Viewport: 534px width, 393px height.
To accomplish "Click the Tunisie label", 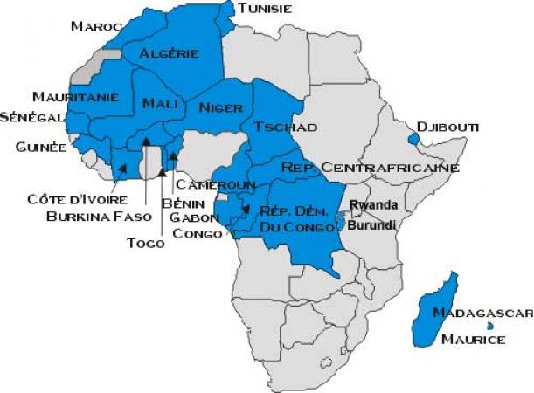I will (x=265, y=8).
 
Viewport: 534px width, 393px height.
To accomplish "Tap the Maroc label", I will (x=94, y=26).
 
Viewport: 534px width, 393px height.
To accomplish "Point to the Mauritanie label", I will (x=74, y=96).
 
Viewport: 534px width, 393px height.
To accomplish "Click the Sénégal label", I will (x=32, y=116).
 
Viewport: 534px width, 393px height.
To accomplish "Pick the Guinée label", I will (x=41, y=147).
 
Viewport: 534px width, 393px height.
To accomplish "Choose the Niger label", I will (x=219, y=107).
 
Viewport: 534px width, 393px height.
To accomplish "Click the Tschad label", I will (x=285, y=128).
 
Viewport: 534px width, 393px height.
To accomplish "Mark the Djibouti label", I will (x=448, y=128).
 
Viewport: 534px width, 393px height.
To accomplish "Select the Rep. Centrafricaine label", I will (x=371, y=167).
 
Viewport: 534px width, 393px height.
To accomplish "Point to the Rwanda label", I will (x=374, y=205).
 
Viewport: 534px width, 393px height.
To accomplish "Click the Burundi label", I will (x=372, y=224).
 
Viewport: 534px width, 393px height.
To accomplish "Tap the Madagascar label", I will (x=482, y=314).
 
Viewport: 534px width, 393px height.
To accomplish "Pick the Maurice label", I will (x=473, y=339).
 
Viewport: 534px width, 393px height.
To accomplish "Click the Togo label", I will (x=146, y=244).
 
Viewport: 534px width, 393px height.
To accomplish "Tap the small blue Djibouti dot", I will (x=412, y=137).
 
